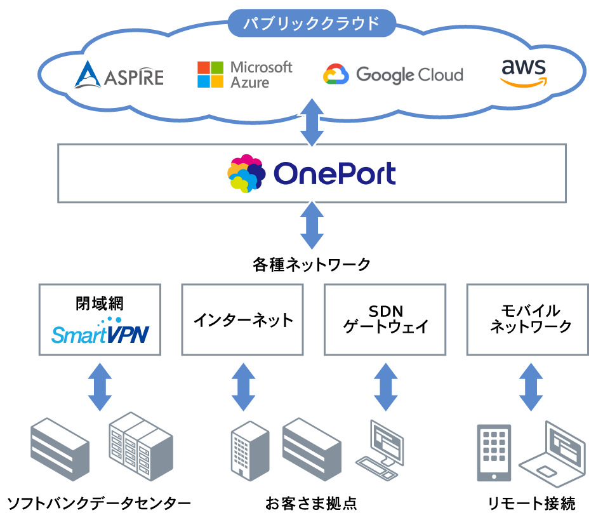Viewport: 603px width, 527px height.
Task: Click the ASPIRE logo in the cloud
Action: tap(119, 75)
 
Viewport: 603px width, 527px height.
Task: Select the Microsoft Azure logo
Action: tap(244, 74)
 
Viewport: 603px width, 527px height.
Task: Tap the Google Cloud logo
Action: tap(393, 75)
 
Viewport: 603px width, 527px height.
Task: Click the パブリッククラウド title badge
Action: tap(312, 23)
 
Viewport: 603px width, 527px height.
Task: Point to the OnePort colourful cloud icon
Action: tap(246, 173)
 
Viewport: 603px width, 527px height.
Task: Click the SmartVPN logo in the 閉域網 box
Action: tap(99, 331)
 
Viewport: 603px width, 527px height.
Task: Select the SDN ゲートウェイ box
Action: tap(385, 319)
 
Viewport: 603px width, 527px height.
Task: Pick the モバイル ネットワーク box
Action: tap(527, 319)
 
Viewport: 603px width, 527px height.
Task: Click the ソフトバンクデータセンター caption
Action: tap(98, 504)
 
